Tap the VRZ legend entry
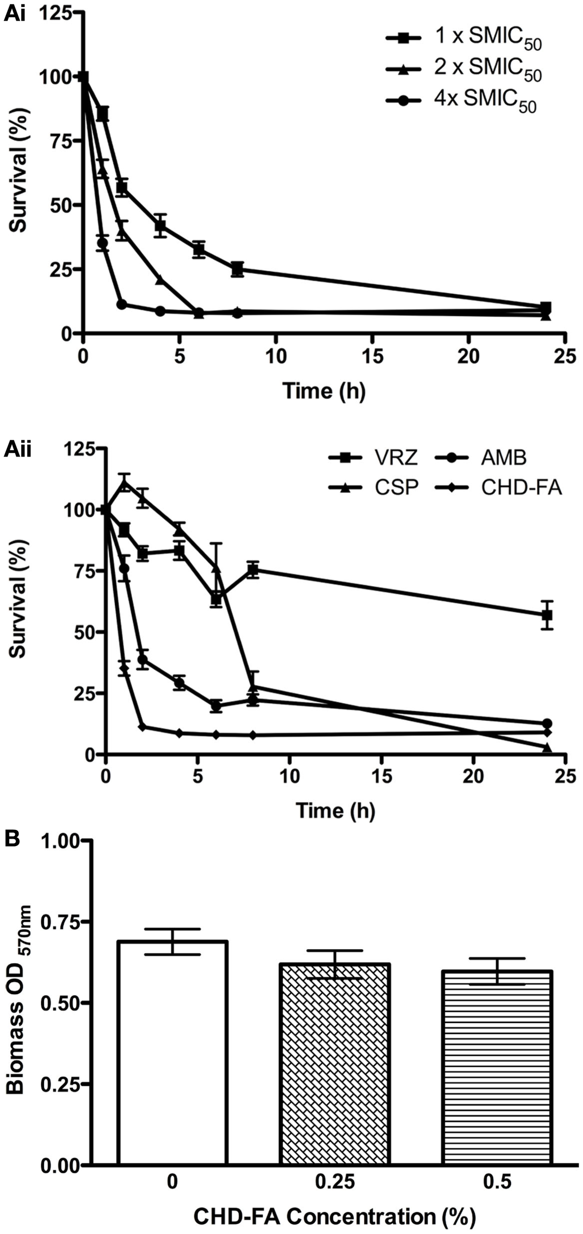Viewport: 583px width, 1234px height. click(x=374, y=458)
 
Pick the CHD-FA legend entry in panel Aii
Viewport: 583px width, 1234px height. click(x=499, y=488)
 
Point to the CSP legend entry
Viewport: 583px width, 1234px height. click(x=374, y=488)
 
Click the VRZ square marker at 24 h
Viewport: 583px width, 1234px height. click(x=547, y=615)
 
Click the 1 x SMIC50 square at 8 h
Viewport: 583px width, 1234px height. click(x=237, y=269)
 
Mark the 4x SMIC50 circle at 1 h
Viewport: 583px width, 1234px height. click(x=102, y=243)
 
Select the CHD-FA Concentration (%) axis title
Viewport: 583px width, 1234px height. click(x=334, y=1216)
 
